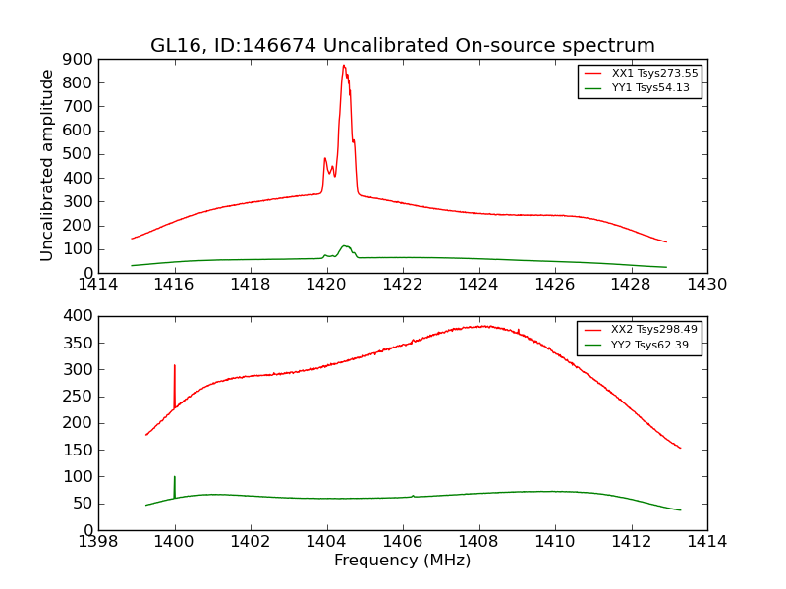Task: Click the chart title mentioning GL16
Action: pyautogui.click(x=402, y=46)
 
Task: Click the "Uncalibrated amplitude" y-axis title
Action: pyautogui.click(x=47, y=165)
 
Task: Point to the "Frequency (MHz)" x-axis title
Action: pyautogui.click(x=402, y=561)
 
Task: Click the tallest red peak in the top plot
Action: pyautogui.click(x=344, y=67)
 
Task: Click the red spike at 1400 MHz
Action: pyautogui.click(x=175, y=367)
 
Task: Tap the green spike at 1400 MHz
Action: pyautogui.click(x=175, y=478)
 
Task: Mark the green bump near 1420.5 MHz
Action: pyautogui.click(x=345, y=246)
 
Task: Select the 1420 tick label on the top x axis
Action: pyautogui.click(x=326, y=285)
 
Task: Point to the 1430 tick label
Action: pyautogui.click(x=706, y=285)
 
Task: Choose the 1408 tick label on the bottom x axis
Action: pyautogui.click(x=478, y=542)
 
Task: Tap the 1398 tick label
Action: pyautogui.click(x=98, y=542)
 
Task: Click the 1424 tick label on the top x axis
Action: pyautogui.click(x=478, y=285)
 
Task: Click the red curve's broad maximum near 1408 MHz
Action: pyautogui.click(x=480, y=326)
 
